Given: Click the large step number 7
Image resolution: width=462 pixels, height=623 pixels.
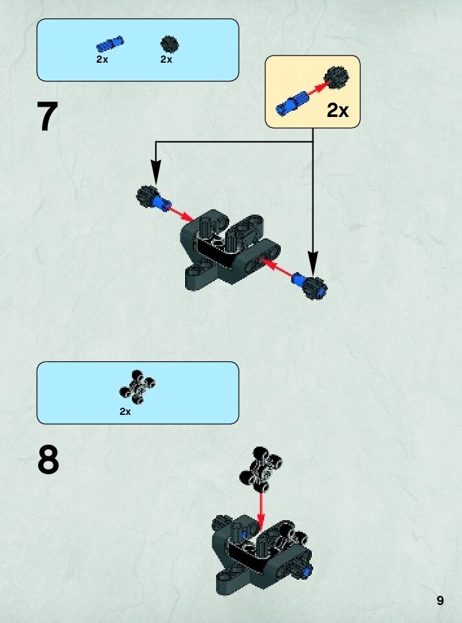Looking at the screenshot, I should (x=49, y=117).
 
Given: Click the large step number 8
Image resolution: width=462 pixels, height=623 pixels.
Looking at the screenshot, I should (x=49, y=459).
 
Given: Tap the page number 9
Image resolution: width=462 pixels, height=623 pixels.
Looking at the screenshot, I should (x=440, y=600).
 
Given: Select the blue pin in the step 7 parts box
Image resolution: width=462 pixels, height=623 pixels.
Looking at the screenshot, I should (x=110, y=44).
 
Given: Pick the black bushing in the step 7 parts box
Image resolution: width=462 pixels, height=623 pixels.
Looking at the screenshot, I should (x=170, y=44).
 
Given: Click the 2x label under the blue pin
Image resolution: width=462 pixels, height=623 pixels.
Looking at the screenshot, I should (x=102, y=59).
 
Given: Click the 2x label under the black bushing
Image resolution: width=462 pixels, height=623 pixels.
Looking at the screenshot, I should (x=166, y=59).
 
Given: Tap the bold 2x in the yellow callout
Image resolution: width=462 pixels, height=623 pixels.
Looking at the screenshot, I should (x=337, y=111).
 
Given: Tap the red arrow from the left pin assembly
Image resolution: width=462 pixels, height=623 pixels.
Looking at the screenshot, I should (x=181, y=213).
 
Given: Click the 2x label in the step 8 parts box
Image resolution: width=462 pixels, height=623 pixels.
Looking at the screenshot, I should (x=125, y=412).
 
